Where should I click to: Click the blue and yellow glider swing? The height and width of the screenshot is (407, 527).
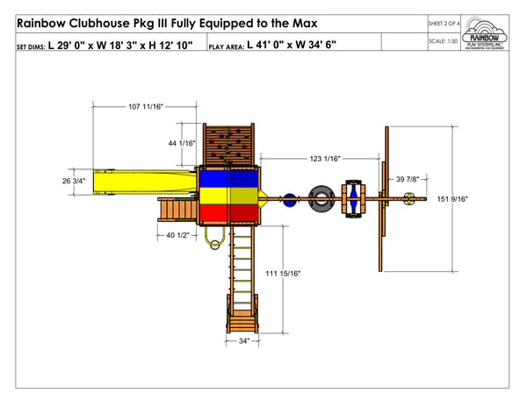(354, 198)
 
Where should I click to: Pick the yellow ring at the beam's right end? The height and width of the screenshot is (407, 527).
(408, 201)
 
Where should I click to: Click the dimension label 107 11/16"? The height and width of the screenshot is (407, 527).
(147, 106)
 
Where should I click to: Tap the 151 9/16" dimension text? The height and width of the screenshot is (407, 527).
(452, 199)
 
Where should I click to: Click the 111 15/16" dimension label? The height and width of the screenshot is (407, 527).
(283, 275)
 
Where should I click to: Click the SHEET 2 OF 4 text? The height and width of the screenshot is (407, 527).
(448, 20)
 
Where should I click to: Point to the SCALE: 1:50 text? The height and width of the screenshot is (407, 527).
(445, 41)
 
